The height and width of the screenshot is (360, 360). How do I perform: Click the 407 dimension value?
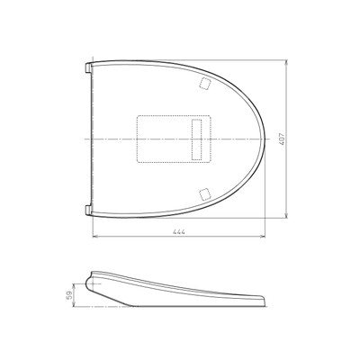coord(282,139)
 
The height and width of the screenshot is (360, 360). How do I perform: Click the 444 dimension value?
coord(178,232)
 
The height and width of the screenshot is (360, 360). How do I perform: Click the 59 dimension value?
coord(68,294)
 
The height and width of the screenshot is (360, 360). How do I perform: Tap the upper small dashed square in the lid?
coord(205,84)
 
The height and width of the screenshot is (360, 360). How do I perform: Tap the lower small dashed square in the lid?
coord(205,193)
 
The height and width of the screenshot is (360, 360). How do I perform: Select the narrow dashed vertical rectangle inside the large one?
coord(197,139)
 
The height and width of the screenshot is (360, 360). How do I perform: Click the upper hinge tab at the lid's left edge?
coord(88,67)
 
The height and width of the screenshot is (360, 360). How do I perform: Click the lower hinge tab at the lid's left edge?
coord(88,211)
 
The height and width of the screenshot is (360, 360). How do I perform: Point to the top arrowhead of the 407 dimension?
coord(286,63)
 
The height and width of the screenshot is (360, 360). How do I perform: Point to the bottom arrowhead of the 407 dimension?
coord(286,215)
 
